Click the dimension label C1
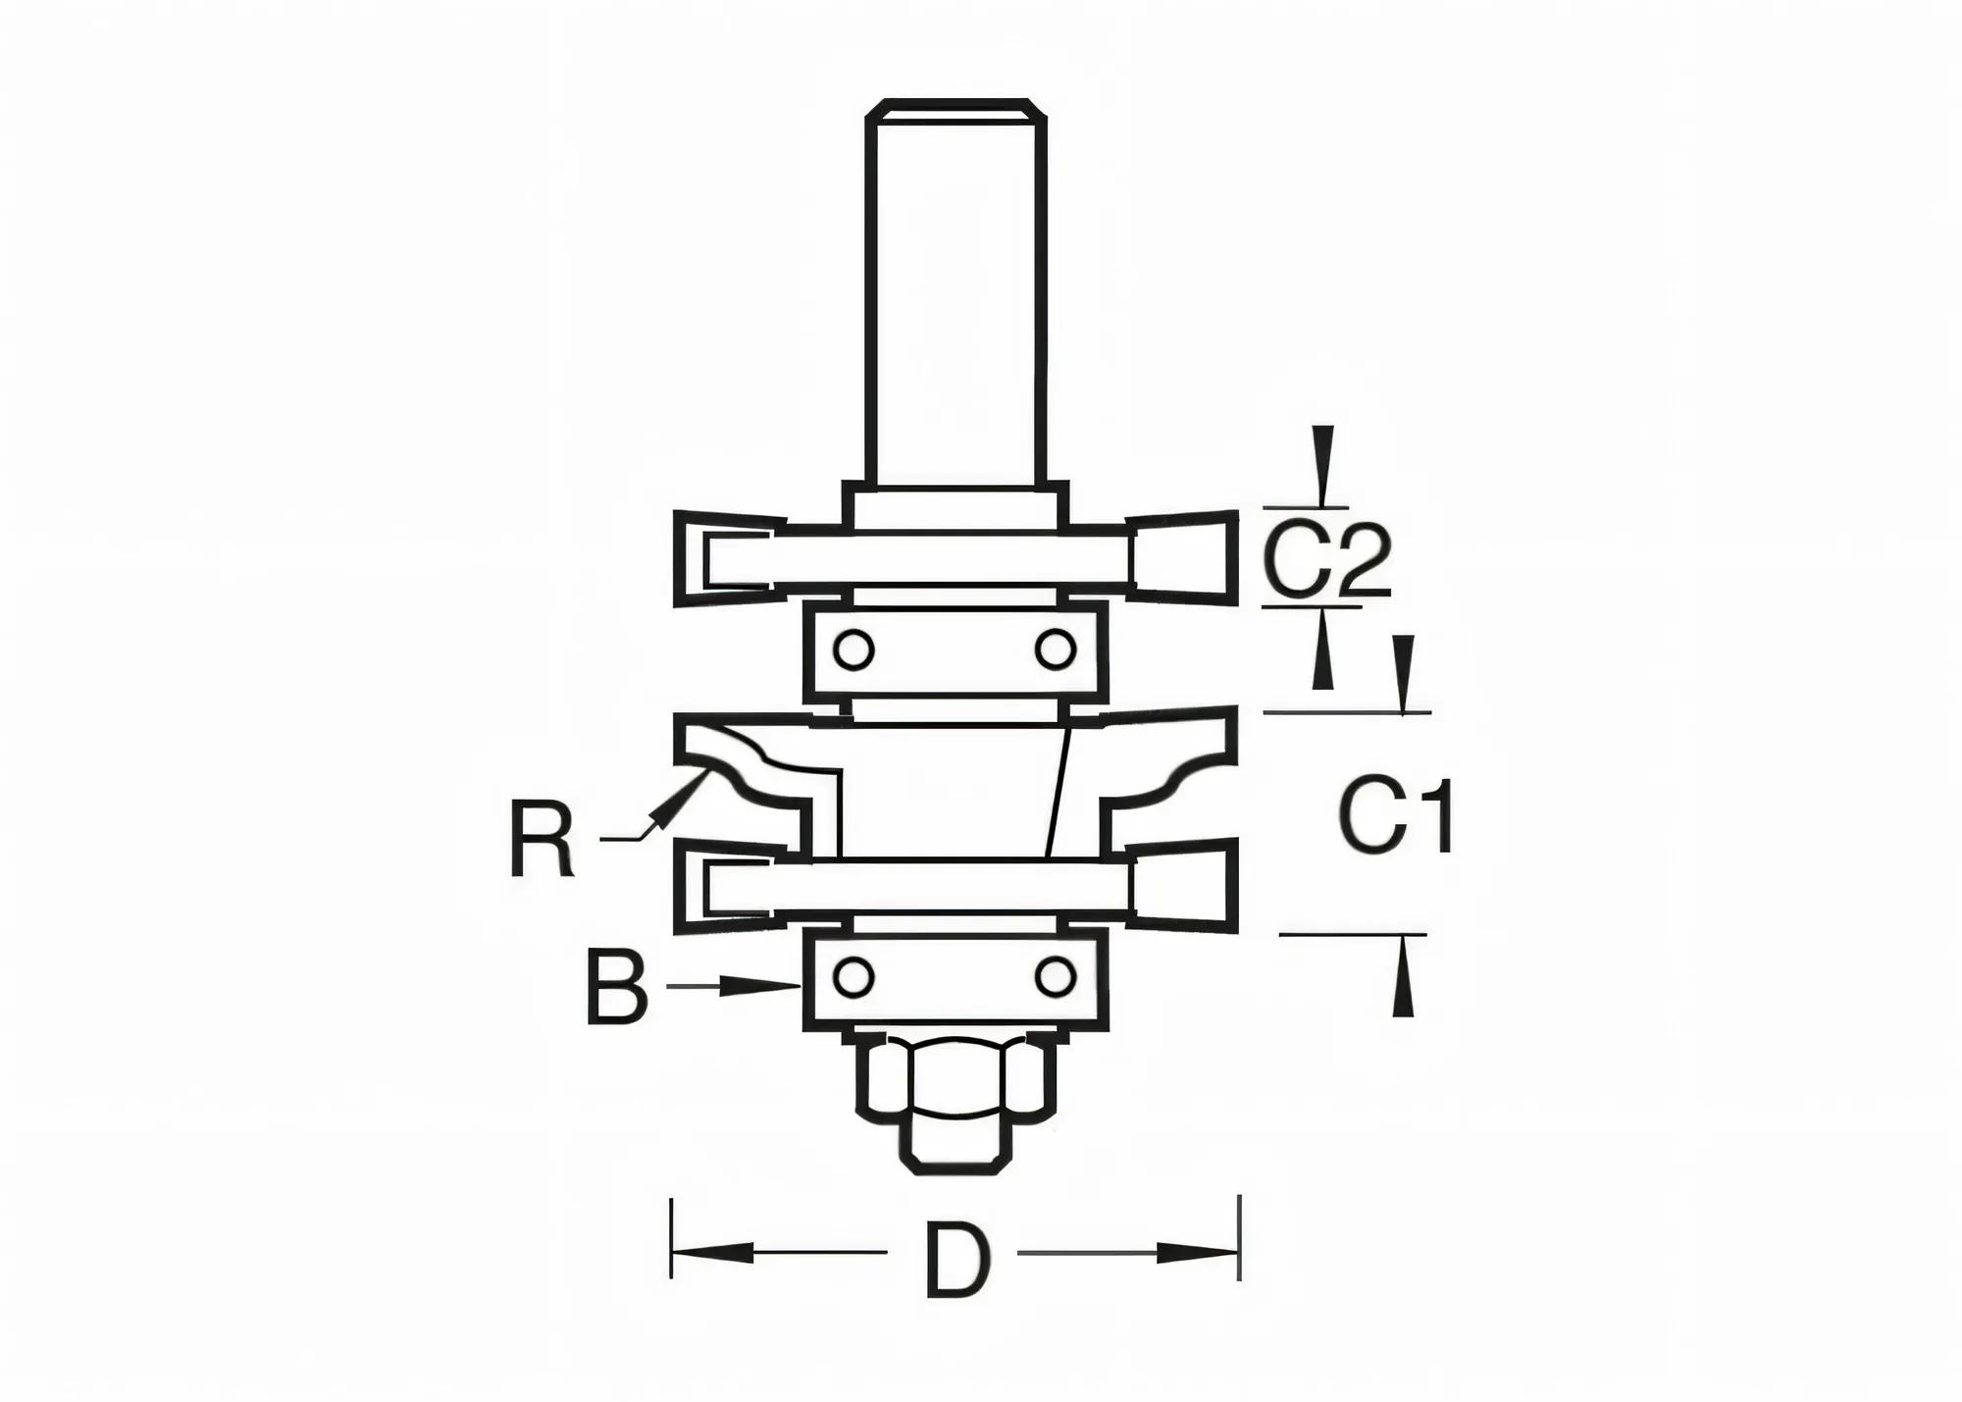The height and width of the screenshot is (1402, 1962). (x=1396, y=816)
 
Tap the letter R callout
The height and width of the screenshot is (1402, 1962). (x=542, y=840)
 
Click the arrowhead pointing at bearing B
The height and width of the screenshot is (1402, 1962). (x=765, y=986)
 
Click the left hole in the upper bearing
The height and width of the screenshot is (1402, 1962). (x=852, y=649)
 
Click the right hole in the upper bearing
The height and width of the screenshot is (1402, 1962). (x=1056, y=649)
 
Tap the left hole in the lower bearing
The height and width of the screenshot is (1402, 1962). (x=852, y=977)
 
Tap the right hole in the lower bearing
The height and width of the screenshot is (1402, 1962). (x=1056, y=977)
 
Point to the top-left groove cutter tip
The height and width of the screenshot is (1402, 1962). (x=726, y=557)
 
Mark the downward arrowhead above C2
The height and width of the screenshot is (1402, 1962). (x=1323, y=466)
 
